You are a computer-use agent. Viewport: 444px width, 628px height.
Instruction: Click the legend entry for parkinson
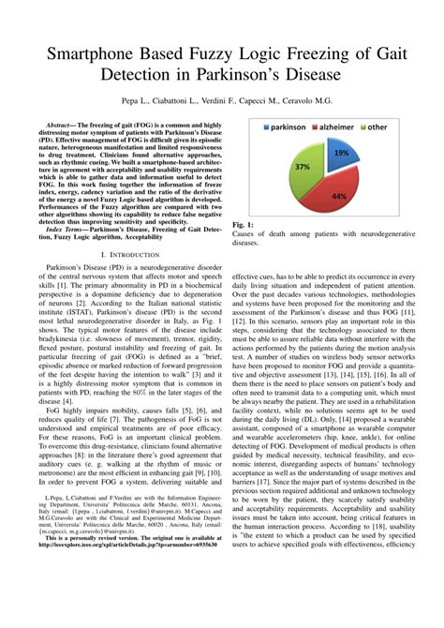(x=278, y=127)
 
